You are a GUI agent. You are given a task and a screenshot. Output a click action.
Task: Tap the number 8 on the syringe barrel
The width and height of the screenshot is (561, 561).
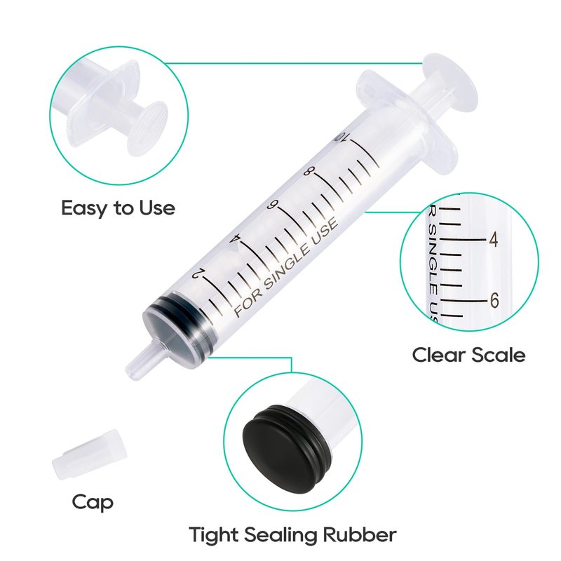pos(308,171)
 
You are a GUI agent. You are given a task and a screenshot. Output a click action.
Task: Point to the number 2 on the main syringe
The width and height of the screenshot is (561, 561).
pos(199,273)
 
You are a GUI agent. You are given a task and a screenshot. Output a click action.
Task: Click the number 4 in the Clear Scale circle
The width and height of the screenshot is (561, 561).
pos(494,239)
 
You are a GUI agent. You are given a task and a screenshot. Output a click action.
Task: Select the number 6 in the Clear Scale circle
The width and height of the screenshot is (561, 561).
pos(494,300)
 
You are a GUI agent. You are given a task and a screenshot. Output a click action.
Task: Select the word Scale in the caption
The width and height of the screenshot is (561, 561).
pos(499,355)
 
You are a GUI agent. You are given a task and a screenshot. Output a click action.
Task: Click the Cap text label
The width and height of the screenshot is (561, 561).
pos(93,503)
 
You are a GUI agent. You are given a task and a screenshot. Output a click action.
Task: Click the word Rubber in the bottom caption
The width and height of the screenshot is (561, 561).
pos(360,535)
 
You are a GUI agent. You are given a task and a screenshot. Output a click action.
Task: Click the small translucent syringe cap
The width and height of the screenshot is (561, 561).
pos(90,454)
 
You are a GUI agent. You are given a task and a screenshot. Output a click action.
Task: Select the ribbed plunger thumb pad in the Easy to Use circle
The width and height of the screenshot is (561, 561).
pos(149,128)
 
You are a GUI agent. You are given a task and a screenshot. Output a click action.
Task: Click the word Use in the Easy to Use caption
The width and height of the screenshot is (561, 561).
pos(157,208)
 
